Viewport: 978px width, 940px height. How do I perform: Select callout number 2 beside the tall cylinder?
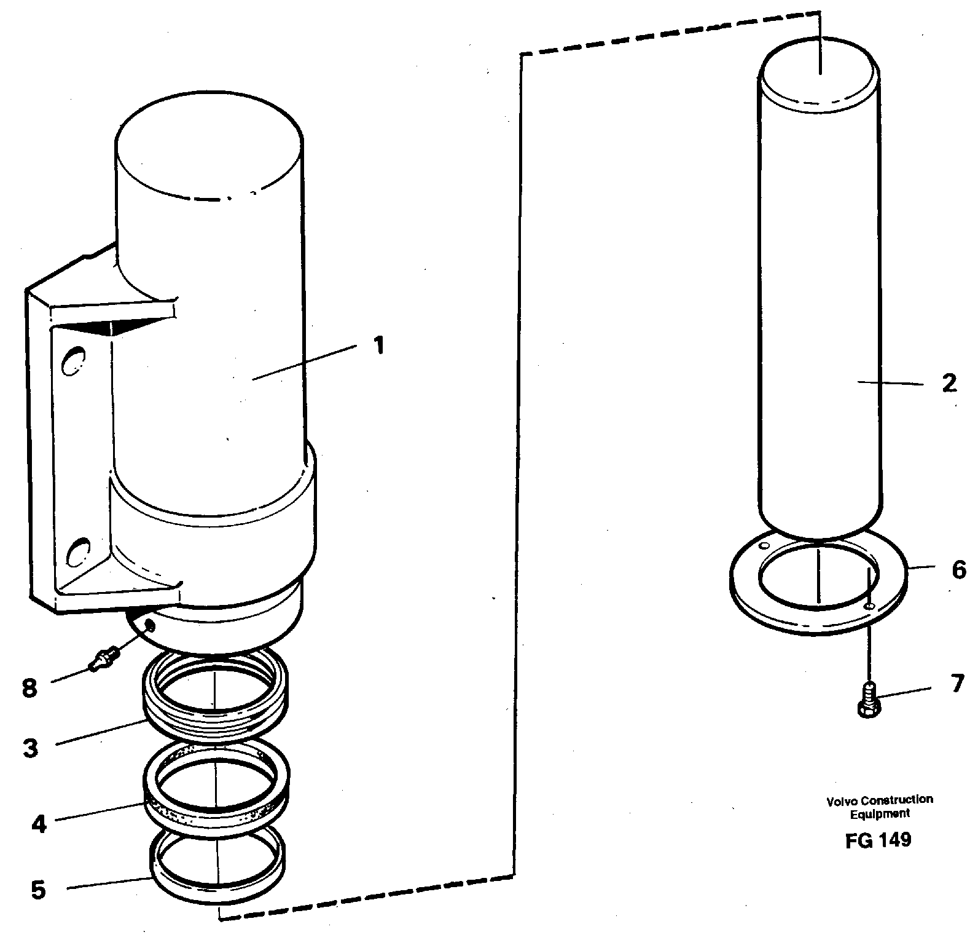(949, 384)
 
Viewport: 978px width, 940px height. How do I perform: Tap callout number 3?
(30, 748)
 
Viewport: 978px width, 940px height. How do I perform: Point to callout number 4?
(38, 824)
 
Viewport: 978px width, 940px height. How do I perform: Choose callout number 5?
(38, 890)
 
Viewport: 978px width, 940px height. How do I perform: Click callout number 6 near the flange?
(958, 570)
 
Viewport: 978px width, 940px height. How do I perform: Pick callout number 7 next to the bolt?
(957, 684)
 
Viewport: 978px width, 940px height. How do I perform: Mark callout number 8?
(29, 688)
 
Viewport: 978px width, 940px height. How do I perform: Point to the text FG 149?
(878, 840)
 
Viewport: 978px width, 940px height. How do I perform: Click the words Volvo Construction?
(879, 800)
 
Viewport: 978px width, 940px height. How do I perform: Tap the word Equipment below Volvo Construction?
(879, 813)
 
